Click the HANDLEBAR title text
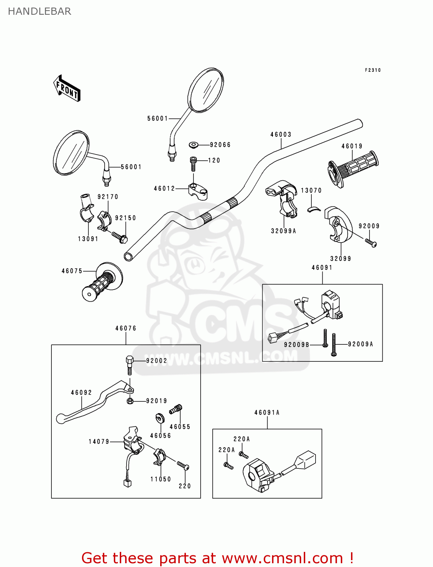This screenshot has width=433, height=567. [x=39, y=11]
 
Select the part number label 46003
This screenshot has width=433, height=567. [x=281, y=135]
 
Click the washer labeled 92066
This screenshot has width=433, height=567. [x=194, y=145]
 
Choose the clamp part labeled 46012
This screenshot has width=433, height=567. [x=198, y=191]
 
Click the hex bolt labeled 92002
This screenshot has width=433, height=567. [x=129, y=363]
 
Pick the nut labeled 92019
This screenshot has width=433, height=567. [x=130, y=401]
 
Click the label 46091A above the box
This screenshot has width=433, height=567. [x=267, y=413]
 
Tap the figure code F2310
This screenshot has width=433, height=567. [x=373, y=70]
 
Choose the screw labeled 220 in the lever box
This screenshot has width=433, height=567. [x=183, y=466]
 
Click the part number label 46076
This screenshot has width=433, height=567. [x=126, y=328]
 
